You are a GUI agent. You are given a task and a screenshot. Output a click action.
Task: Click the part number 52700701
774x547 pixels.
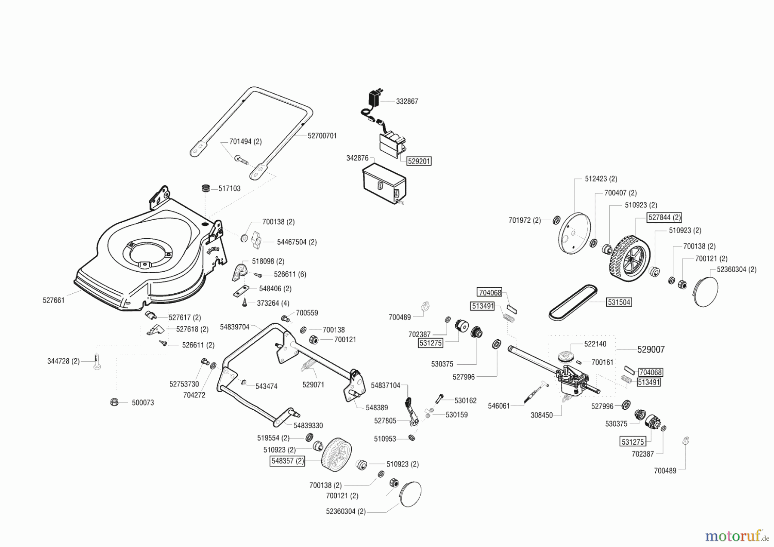(322, 136)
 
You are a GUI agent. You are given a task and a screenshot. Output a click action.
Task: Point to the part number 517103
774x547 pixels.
(229, 188)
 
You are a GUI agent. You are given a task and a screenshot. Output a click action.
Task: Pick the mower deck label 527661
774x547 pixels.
(53, 300)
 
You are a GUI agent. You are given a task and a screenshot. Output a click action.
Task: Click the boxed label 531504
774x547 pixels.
(619, 302)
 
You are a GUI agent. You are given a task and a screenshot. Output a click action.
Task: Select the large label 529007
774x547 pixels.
(651, 350)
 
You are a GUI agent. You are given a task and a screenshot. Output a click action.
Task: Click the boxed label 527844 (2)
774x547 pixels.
(664, 218)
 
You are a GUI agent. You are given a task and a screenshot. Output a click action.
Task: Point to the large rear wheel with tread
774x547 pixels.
(628, 257)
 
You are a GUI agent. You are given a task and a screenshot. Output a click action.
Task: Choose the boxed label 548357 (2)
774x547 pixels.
(288, 461)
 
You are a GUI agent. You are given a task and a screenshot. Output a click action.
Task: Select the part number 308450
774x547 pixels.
(541, 415)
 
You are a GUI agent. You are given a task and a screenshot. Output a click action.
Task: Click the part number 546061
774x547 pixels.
(499, 406)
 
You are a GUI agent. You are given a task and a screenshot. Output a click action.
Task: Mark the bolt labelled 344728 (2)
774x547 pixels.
(97, 363)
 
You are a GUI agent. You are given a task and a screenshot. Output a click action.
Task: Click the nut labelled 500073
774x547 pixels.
(114, 402)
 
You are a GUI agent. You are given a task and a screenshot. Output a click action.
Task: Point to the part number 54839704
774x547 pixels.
(234, 327)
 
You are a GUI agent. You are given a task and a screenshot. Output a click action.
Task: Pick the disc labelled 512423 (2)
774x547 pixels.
(574, 237)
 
